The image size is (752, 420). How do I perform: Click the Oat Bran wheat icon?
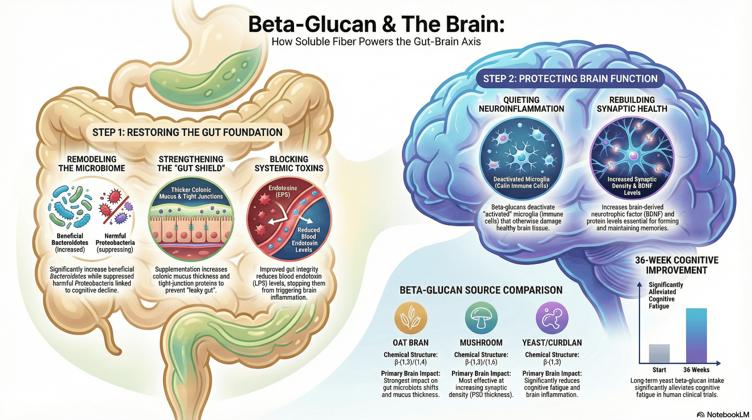(410, 318)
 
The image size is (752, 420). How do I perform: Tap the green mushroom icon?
(481, 318)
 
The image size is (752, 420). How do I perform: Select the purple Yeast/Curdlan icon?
(552, 318)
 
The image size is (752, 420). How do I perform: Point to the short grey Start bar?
(659, 353)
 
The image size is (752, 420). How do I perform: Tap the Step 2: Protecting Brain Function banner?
(570, 79)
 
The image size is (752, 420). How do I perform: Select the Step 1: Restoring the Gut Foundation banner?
(187, 132)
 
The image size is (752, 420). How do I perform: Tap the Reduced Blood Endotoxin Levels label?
(308, 240)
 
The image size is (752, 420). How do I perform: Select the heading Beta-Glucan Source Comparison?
(481, 290)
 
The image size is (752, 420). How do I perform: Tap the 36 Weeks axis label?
(696, 370)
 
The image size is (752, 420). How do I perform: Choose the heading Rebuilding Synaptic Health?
(632, 104)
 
